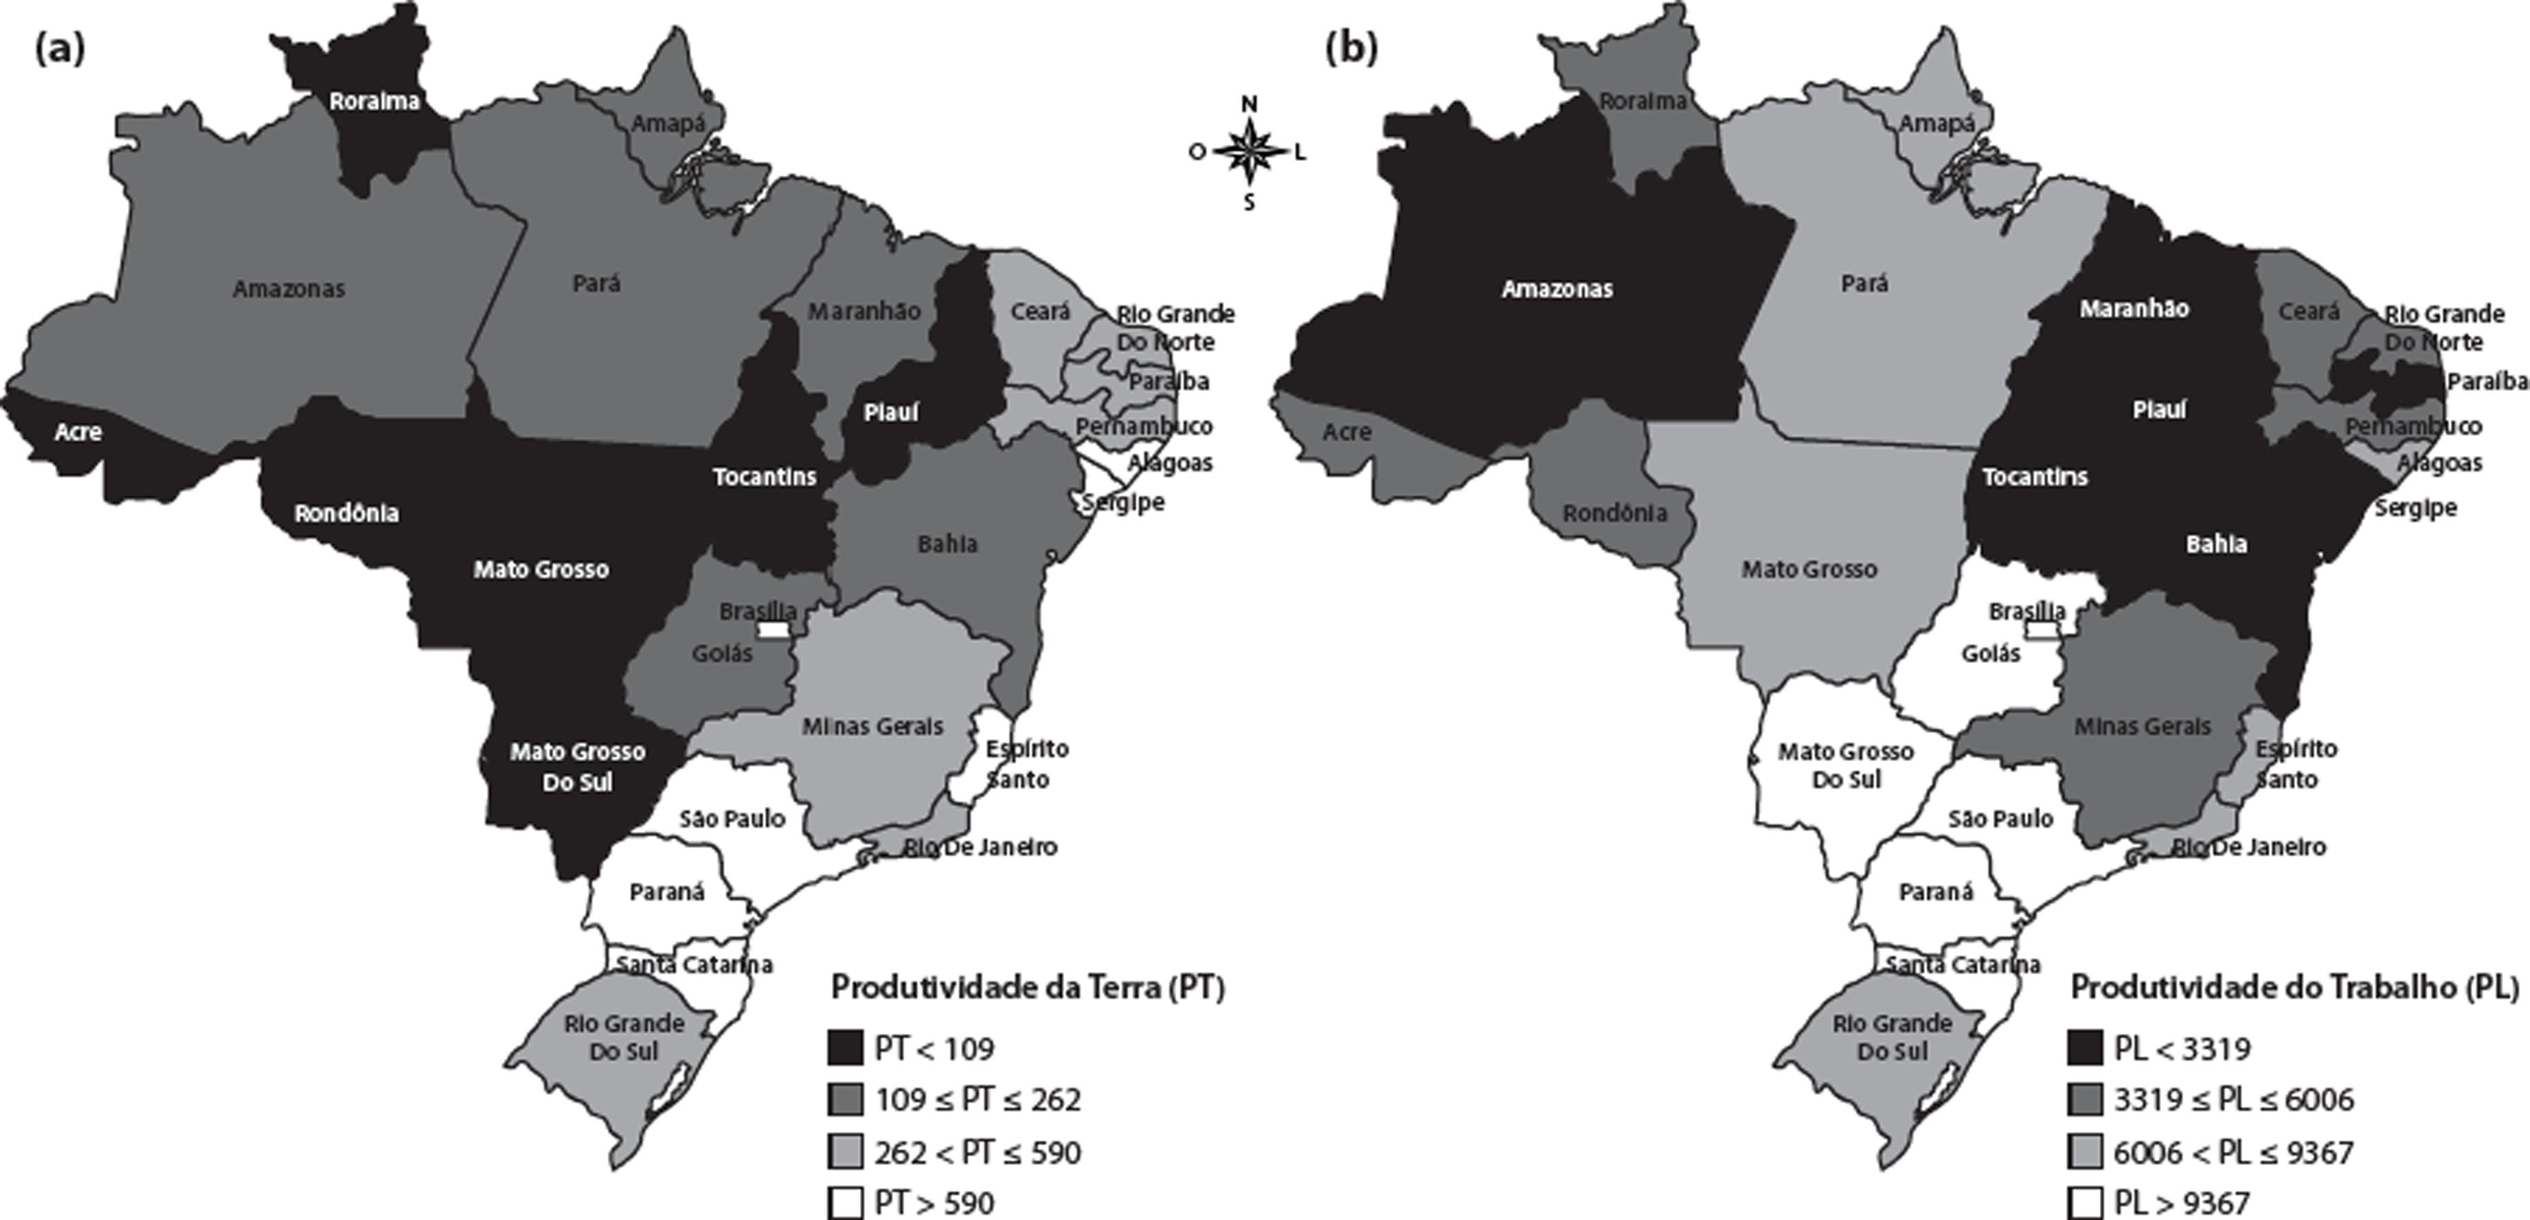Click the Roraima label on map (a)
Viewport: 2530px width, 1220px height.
point(374,101)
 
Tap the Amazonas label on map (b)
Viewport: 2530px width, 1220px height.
point(1558,289)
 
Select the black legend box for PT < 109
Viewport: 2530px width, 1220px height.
point(845,1048)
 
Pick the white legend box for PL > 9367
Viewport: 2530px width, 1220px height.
point(2084,1202)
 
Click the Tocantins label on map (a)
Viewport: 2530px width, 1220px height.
point(765,477)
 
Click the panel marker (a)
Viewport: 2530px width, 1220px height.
point(59,48)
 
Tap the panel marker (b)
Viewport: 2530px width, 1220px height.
point(1351,48)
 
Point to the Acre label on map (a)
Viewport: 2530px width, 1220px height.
point(78,431)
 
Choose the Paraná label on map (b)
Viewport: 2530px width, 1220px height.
point(1936,892)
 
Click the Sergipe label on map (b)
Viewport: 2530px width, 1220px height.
point(2415,508)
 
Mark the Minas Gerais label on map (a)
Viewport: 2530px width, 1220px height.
point(872,726)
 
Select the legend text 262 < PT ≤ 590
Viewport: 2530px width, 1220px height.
point(978,1151)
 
